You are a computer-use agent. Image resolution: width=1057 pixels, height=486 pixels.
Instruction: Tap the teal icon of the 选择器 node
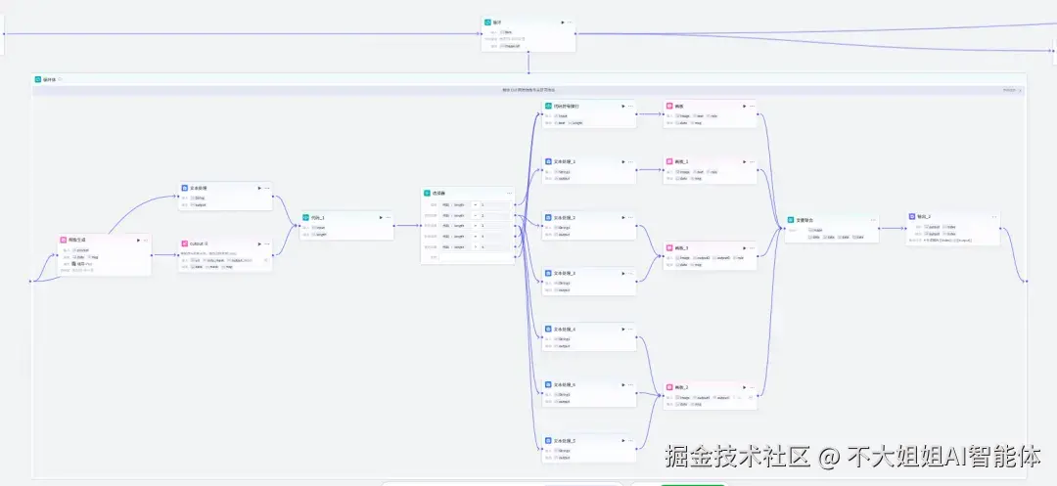428,193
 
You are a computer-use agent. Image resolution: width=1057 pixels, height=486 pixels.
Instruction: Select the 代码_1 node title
317,217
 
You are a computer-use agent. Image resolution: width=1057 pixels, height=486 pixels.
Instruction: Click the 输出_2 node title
924,216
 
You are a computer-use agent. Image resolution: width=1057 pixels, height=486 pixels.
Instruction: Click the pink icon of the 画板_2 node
669,388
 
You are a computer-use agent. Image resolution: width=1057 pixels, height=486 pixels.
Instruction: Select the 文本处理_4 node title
566,330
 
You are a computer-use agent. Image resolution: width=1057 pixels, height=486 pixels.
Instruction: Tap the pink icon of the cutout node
185,243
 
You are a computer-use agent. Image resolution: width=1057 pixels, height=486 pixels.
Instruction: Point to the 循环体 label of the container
49,79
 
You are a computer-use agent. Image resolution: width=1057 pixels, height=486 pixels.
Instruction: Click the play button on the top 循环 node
562,22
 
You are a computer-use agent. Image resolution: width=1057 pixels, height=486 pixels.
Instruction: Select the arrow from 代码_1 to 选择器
407,225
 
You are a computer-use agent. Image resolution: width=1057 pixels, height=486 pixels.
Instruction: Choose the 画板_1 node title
682,160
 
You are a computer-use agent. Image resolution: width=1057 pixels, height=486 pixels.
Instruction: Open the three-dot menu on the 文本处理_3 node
631,274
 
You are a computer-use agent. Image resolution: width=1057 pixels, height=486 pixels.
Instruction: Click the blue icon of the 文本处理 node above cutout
185,187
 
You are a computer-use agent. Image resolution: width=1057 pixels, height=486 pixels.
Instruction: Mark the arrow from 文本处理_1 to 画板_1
646,168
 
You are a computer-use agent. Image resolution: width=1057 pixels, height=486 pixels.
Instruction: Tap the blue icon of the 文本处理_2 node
548,217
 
